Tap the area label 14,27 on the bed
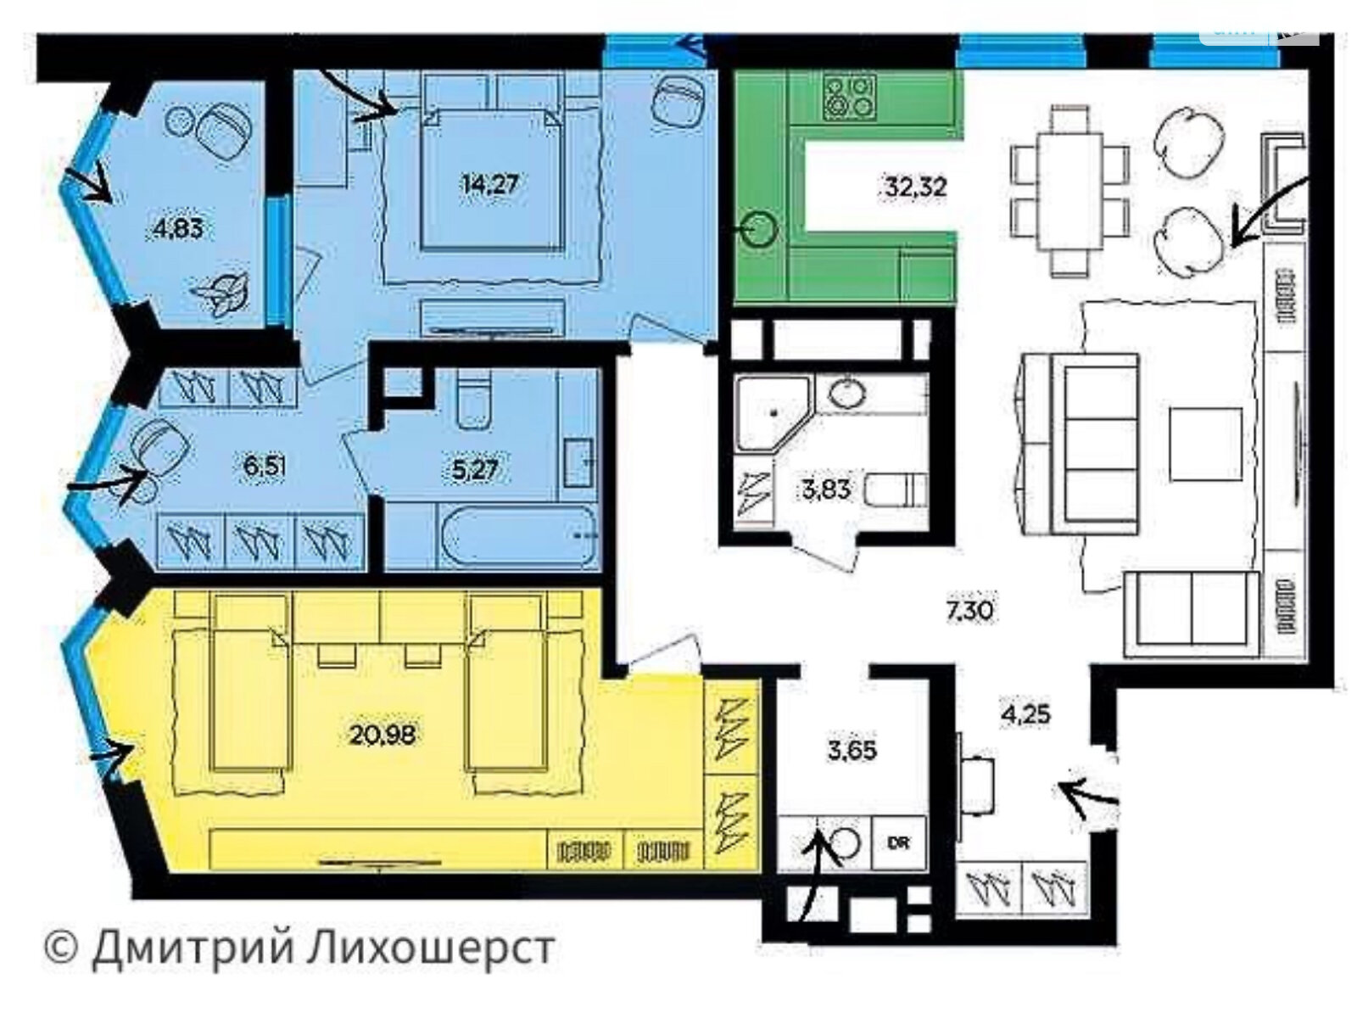coord(489,184)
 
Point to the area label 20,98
coord(383,735)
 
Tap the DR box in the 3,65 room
coord(899,843)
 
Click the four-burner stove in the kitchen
coord(850,98)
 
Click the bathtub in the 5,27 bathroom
coord(516,535)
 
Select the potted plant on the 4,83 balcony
coord(222,293)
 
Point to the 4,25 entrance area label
coord(1025,714)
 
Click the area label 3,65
coord(852,751)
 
